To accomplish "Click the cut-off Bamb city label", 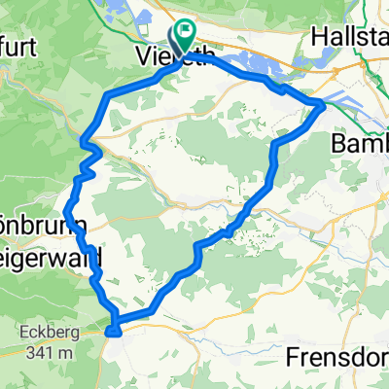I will [359, 144].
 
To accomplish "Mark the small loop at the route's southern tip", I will [115, 328].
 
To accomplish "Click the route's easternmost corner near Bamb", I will [324, 104].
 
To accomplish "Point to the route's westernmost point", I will [65, 211].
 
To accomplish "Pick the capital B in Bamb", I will [337, 144].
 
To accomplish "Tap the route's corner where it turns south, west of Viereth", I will [105, 94].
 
